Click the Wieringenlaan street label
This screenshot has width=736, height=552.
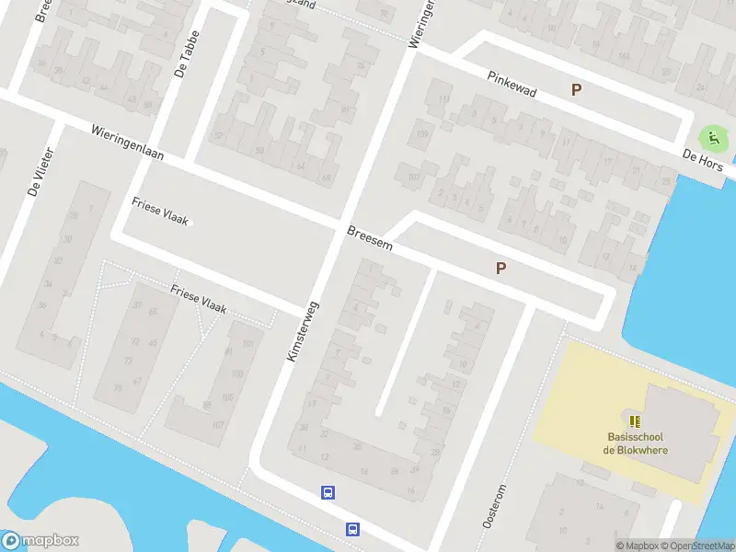point(127,144)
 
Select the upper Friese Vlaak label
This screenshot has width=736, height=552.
point(160,211)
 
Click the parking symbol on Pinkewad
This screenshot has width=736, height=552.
point(577,90)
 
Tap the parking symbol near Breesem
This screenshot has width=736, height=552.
point(501,269)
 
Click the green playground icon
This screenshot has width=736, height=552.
point(711,140)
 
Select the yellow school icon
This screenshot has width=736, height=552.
point(635,420)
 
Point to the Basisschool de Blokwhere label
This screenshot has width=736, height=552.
point(636,443)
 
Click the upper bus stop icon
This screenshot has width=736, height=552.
point(328,492)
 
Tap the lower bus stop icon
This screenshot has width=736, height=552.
point(352,528)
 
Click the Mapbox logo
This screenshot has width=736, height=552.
point(40,540)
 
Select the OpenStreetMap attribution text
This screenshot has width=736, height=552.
point(700,546)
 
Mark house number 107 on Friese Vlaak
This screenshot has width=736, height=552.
point(218,425)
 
